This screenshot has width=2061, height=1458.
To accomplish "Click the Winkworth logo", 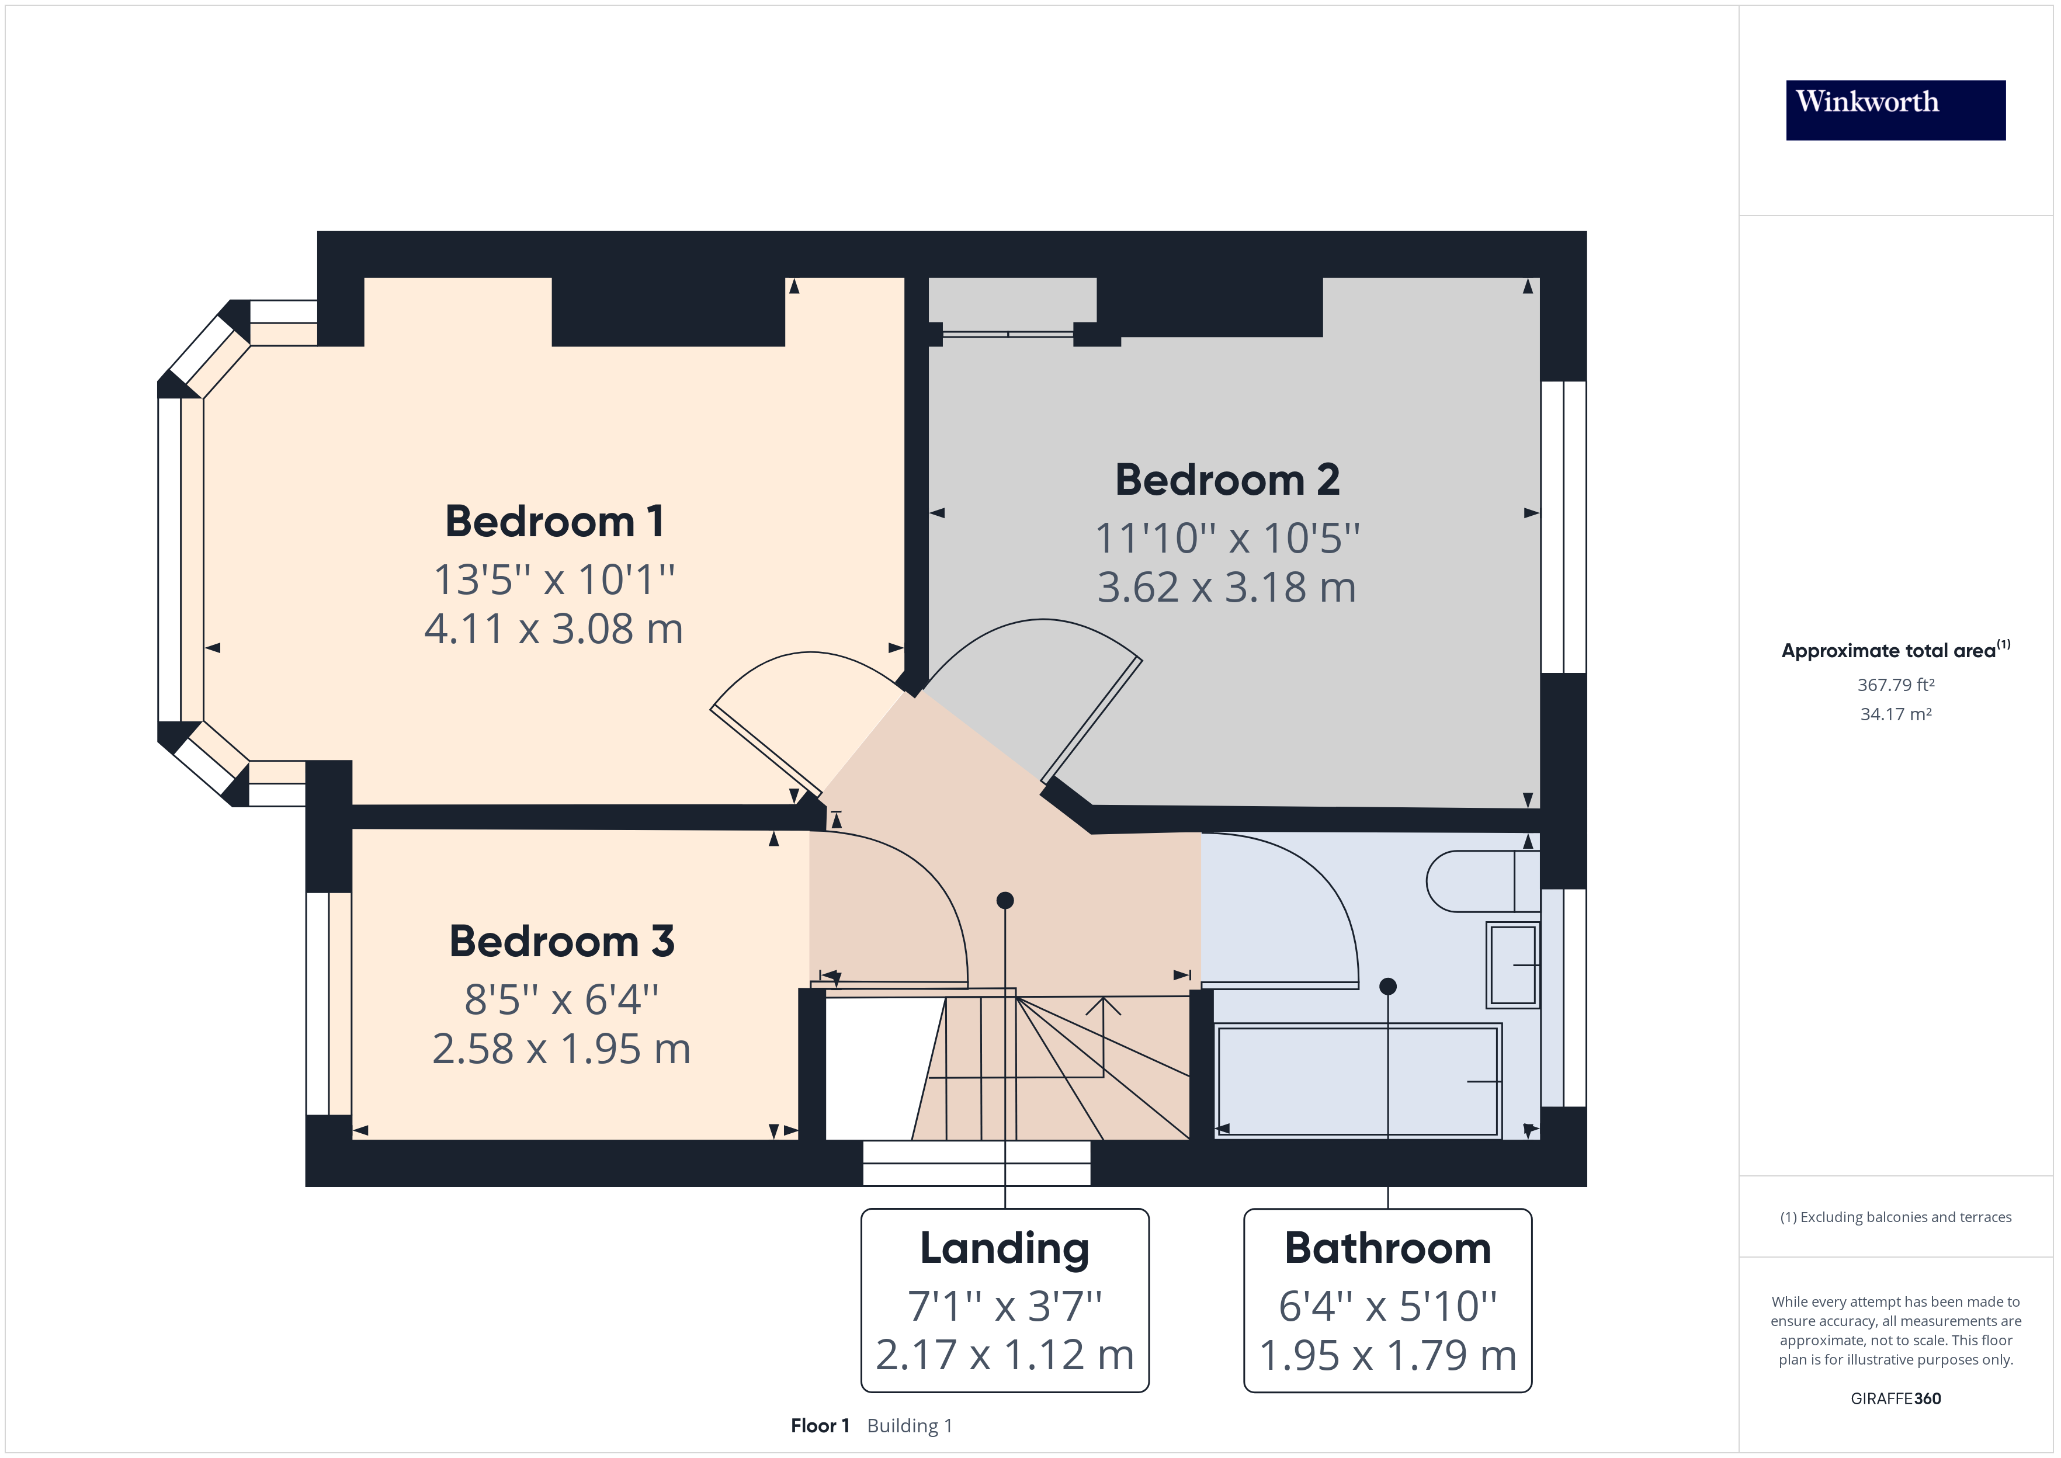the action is point(1895,110).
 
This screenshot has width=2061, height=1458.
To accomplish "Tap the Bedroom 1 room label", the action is point(555,522).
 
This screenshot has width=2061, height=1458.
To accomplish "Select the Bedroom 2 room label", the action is point(1227,480).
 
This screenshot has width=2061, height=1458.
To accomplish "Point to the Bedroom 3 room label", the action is point(561,942).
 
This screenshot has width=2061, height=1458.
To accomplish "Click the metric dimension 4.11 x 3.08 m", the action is point(554,629).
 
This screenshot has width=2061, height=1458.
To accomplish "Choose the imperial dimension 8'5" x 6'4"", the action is point(561,999).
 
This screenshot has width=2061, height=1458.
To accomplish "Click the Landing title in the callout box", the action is point(1004,1249).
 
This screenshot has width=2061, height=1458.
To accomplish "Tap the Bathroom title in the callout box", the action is point(1388,1249).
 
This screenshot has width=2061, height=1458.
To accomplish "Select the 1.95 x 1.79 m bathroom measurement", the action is point(1388,1356).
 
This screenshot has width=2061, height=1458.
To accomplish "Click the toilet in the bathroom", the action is point(1483,881).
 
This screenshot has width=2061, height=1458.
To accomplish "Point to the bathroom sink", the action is point(1514,964).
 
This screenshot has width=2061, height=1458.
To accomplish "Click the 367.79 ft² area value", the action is point(1896,685).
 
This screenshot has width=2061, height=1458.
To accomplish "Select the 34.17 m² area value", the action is point(1896,714).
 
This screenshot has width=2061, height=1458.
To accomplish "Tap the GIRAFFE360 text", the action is point(1896,1399).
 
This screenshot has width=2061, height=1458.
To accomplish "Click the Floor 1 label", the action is point(820,1426).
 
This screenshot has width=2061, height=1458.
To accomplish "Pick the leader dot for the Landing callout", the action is point(1005,900).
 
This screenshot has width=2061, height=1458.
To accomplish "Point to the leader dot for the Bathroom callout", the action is point(1388,986).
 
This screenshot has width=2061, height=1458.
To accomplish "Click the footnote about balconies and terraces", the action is point(1896,1217).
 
